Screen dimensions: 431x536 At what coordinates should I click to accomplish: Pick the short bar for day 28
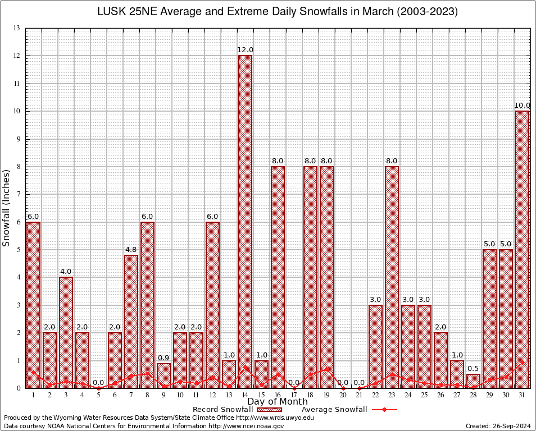coord(474,381)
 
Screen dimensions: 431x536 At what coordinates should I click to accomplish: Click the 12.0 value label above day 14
coord(245,50)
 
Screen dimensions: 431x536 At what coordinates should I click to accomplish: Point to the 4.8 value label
coord(131,250)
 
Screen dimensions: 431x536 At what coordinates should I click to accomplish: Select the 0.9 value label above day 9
coord(163,358)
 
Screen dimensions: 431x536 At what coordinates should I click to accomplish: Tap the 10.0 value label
coord(523,106)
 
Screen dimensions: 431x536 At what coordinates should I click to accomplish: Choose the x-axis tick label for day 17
coord(294,395)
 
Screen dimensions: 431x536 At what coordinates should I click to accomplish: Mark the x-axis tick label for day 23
coord(392,395)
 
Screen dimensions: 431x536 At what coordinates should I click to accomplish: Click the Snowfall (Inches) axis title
coord(7,208)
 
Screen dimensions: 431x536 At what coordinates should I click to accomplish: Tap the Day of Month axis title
coord(278,402)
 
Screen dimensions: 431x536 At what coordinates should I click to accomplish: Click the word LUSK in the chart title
coord(111,12)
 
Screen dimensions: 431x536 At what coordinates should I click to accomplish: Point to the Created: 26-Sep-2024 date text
coord(498,426)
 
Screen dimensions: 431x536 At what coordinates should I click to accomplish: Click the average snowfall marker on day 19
coord(326,369)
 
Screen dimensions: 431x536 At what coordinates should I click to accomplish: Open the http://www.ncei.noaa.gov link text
coord(246,426)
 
